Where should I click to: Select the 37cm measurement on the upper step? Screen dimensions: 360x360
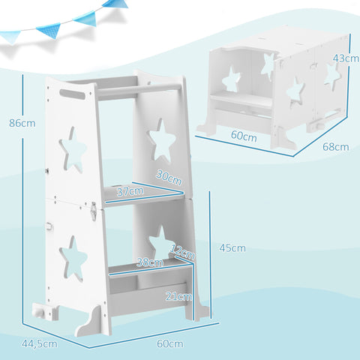[129, 193]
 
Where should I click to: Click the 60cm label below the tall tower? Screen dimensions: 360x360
[169, 343]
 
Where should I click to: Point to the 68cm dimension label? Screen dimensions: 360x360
[335, 147]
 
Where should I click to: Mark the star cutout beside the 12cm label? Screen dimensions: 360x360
[159, 241]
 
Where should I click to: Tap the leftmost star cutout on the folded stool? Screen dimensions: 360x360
[232, 78]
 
